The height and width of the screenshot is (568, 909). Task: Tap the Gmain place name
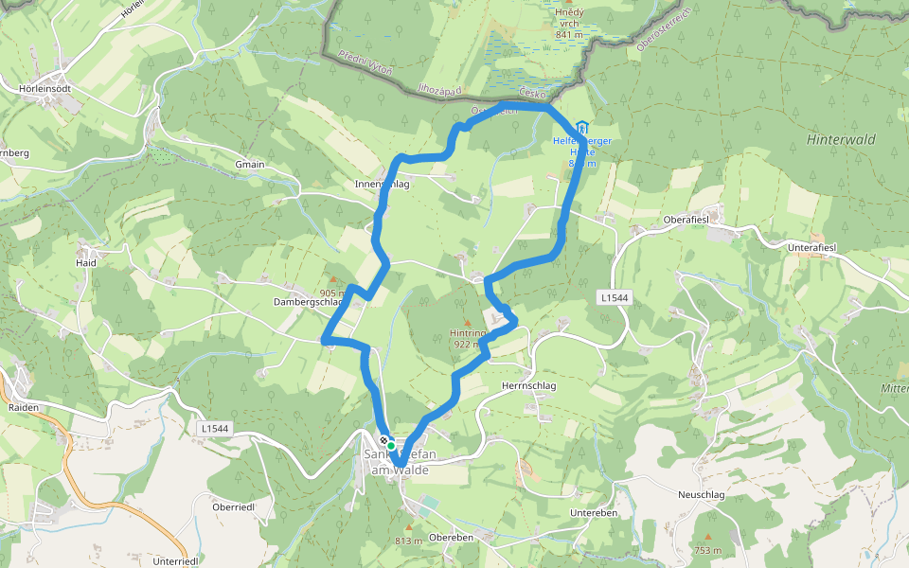pyautogui.click(x=250, y=164)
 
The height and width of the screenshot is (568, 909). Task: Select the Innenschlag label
pyautogui.click(x=382, y=184)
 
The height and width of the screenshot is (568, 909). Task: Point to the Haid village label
pyautogui.click(x=86, y=262)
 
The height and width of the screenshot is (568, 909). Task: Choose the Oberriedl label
pyautogui.click(x=233, y=506)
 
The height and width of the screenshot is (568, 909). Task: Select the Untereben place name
pyautogui.click(x=594, y=512)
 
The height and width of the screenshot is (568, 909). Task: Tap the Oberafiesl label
pyautogui.click(x=687, y=220)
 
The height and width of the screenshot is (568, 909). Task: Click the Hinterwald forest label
pyautogui.click(x=840, y=139)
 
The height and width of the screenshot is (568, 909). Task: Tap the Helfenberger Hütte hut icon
pyautogui.click(x=581, y=128)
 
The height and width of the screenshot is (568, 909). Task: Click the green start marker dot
pyautogui.click(x=390, y=445)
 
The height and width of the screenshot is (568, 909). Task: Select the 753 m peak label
pyautogui.click(x=708, y=550)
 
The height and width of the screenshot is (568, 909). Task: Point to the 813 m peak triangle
pyautogui.click(x=409, y=528)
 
